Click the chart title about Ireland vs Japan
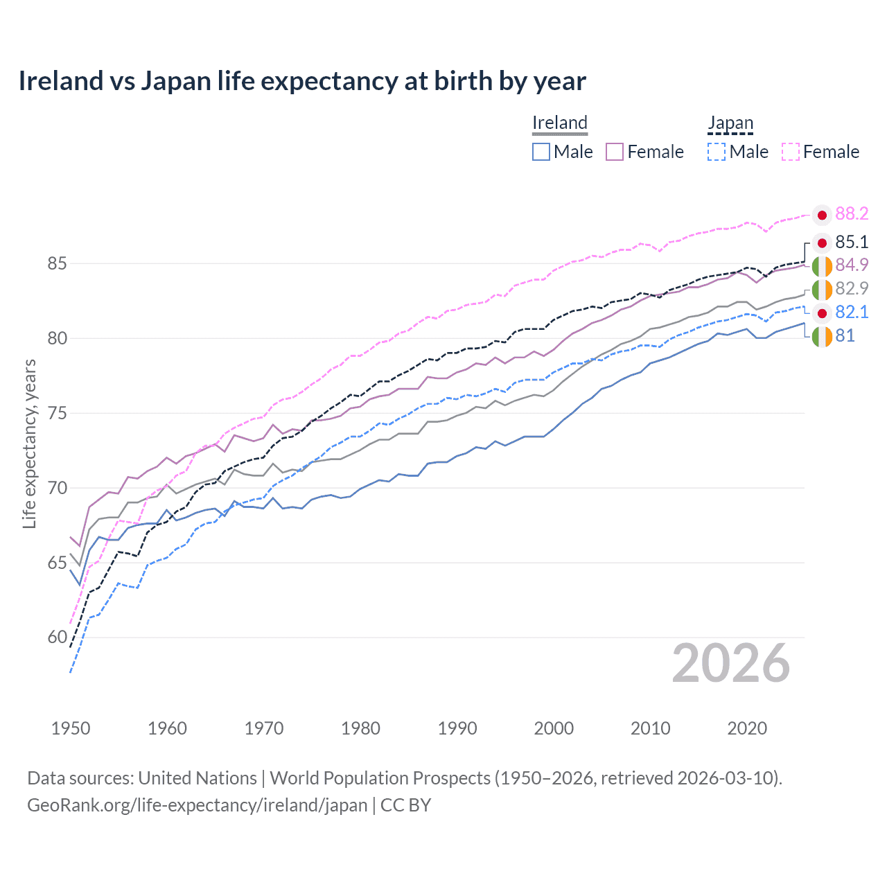coord(302,81)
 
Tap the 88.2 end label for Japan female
coord(852,213)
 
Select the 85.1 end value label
coord(852,242)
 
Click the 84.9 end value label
coord(852,265)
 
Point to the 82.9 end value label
coord(852,288)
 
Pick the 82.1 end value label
coord(852,312)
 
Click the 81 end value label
coord(845,335)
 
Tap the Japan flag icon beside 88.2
coord(822,216)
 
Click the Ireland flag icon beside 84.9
coord(822,266)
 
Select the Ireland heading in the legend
coord(560,123)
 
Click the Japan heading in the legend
coord(730,123)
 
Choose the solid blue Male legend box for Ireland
coord(541,152)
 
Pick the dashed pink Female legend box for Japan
coord(791,152)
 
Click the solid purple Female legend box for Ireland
coord(615,152)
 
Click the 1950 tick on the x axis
coord(71,728)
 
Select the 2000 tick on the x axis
coord(554,728)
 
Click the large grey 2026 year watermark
coord(731,663)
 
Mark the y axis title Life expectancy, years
coord(29,443)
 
